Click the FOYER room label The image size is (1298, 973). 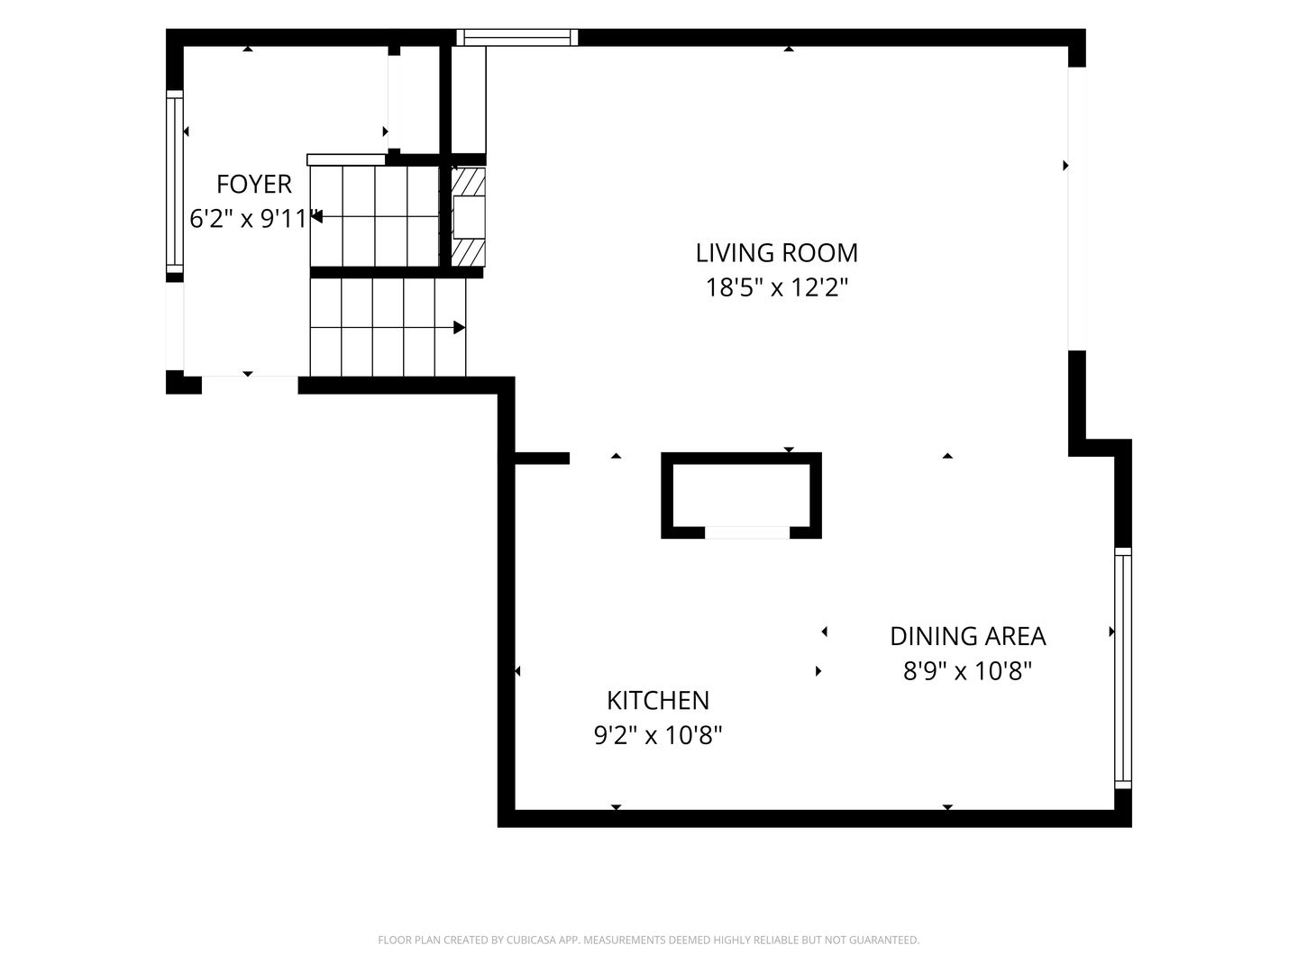click(x=253, y=185)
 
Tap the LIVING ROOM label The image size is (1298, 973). click(x=776, y=253)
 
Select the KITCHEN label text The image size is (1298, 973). click(x=658, y=700)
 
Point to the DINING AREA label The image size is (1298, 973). click(x=967, y=636)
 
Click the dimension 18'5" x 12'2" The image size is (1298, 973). click(x=776, y=287)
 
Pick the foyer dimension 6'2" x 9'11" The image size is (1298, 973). click(x=255, y=219)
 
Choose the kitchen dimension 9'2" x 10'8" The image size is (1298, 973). click(x=658, y=735)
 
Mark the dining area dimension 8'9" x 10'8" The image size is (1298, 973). click(x=967, y=671)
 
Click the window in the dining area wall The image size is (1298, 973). click(x=1123, y=668)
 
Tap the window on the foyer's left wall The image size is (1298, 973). click(x=175, y=181)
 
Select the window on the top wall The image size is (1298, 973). click(x=516, y=37)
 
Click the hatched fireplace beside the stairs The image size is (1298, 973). click(x=469, y=217)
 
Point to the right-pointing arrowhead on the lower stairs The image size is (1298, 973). click(x=459, y=327)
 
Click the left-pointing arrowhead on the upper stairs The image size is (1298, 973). click(x=317, y=217)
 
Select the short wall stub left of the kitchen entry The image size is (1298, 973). click(x=542, y=458)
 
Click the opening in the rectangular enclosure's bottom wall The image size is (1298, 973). click(x=747, y=532)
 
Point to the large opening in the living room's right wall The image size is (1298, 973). click(x=1077, y=208)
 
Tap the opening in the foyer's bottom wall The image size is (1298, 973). click(x=250, y=385)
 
